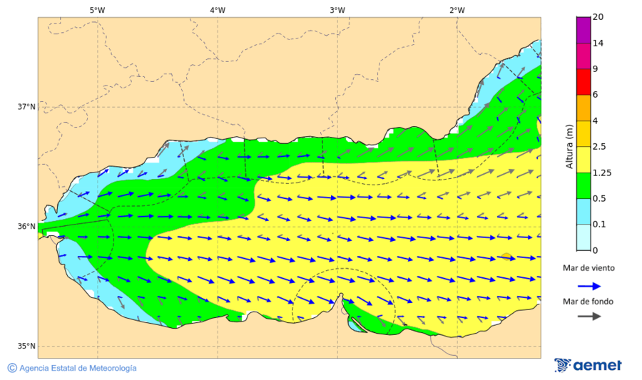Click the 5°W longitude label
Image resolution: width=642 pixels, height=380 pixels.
click(97, 10)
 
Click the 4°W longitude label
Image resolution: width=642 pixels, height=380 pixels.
click(218, 10)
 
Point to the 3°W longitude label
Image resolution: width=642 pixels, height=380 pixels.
click(337, 10)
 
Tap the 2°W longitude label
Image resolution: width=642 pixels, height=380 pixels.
click(457, 10)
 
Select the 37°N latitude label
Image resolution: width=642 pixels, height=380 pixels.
click(26, 107)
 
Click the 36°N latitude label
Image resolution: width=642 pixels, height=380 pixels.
click(26, 227)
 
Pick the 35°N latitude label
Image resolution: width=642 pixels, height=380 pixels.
click(26, 346)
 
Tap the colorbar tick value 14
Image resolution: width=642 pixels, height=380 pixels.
click(598, 43)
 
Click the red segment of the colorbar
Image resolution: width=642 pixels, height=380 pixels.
click(584, 82)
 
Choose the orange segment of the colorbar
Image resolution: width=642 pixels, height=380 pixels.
click(584, 108)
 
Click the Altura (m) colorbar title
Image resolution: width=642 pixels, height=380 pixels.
click(569, 145)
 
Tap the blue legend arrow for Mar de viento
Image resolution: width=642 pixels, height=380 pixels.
click(588, 285)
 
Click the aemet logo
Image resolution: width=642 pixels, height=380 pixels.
click(588, 365)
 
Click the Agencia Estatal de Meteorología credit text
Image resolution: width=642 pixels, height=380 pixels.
click(78, 368)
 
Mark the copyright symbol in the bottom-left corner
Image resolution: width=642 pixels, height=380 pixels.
click(11, 368)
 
